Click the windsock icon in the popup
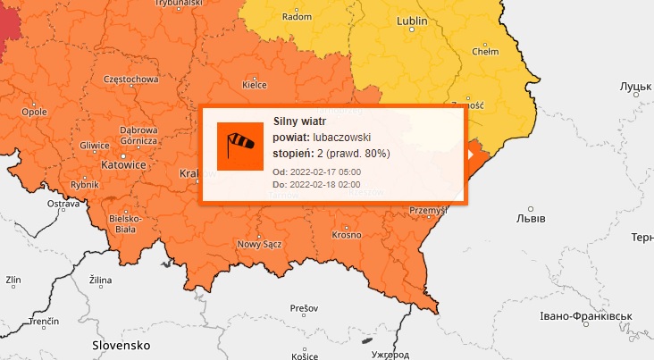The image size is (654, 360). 240,145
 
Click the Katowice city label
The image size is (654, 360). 122,165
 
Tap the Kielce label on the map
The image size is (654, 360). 255,86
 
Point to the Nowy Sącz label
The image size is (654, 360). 260,245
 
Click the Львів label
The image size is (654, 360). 532,217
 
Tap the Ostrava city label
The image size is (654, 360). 63,205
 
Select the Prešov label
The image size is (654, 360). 304,308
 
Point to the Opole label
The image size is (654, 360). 34,112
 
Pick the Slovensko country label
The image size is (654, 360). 122,344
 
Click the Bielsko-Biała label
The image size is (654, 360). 123,222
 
